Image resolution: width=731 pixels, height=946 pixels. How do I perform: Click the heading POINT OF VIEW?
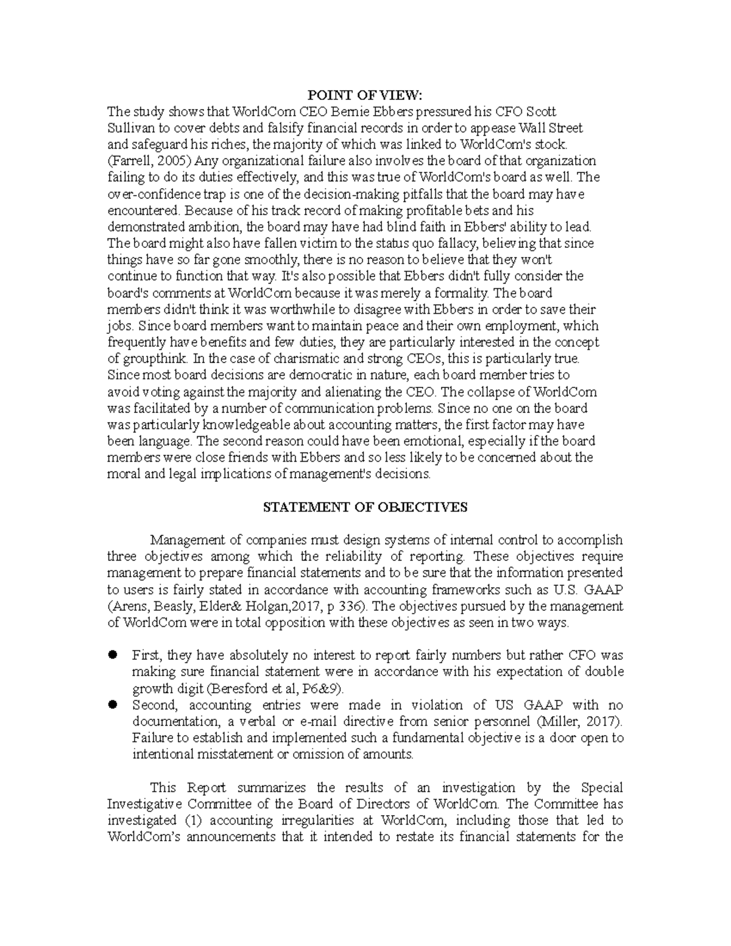click(365, 95)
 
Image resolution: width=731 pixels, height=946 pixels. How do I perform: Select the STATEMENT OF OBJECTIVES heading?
click(365, 507)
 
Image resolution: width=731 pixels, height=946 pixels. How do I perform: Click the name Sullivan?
click(127, 128)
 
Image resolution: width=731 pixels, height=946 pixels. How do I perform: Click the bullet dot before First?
click(112, 655)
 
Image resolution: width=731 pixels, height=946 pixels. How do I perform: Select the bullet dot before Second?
click(112, 704)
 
